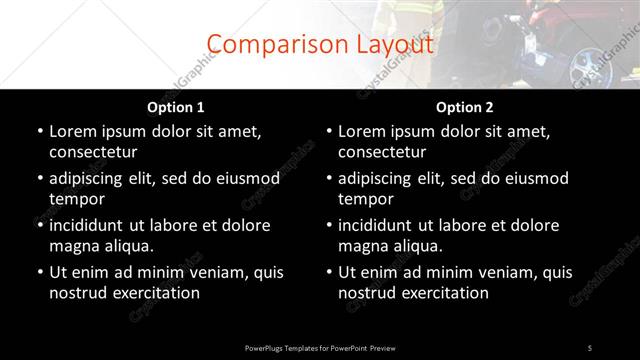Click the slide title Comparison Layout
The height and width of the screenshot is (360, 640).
[x=320, y=45]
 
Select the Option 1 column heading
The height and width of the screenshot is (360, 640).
[x=176, y=107]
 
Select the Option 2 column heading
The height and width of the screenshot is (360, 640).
[x=465, y=107]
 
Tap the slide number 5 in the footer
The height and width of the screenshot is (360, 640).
[x=590, y=347]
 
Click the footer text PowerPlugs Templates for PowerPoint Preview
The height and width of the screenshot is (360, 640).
[x=320, y=347]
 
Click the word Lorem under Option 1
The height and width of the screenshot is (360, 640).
[x=73, y=131]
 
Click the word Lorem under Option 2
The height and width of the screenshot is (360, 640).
[x=362, y=131]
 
